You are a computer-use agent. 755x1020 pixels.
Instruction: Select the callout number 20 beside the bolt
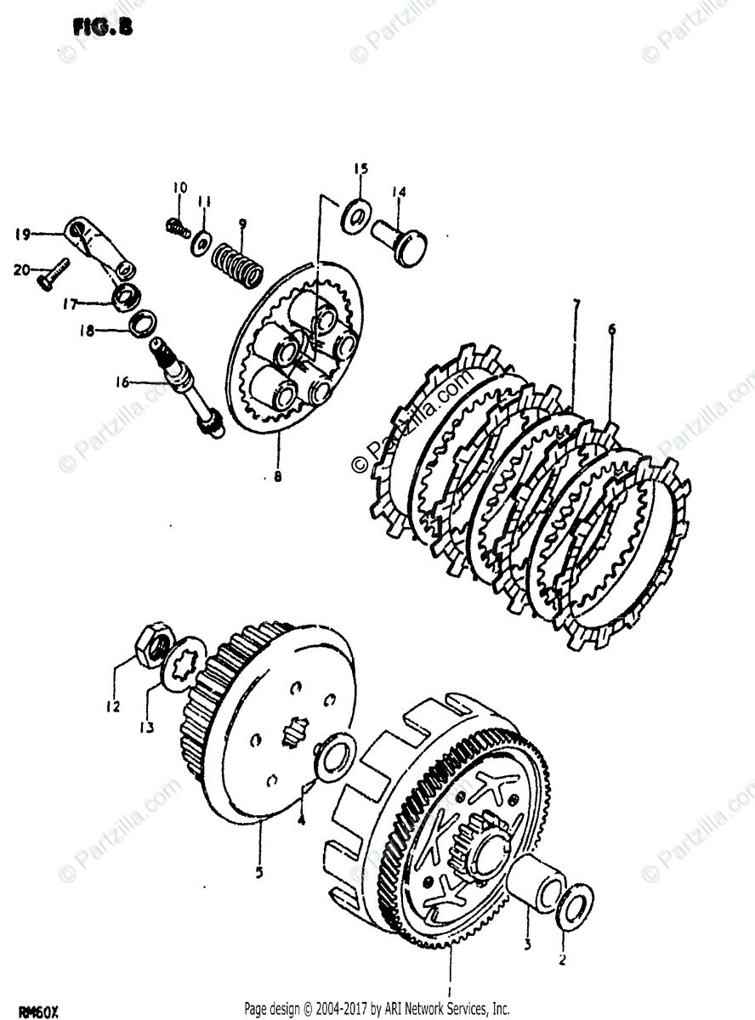21,270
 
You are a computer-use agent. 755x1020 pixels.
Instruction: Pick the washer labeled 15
356,215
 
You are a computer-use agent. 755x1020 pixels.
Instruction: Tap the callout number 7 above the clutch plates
576,303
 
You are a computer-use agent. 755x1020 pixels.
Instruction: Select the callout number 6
612,329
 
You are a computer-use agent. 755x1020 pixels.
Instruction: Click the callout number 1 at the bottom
450,989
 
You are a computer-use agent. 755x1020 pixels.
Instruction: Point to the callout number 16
125,382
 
